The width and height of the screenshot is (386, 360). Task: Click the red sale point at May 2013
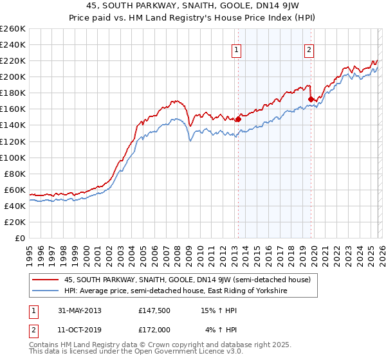(x=238, y=119)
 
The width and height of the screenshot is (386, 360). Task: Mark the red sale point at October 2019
(x=311, y=99)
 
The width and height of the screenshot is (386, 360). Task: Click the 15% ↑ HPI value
(x=218, y=310)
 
